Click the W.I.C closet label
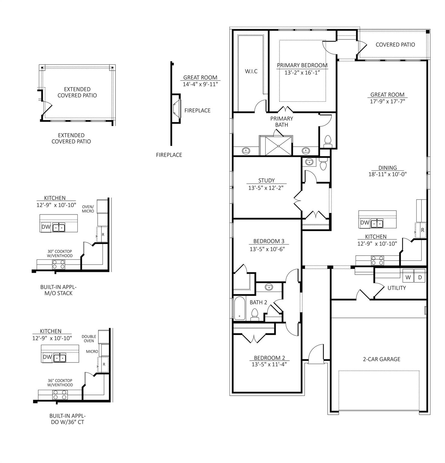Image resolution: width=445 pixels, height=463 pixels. (x=251, y=71)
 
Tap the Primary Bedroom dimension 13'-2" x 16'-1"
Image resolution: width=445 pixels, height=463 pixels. (x=302, y=73)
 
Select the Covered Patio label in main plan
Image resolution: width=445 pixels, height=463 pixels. (x=395, y=45)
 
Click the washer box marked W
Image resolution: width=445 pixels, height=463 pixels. (x=408, y=277)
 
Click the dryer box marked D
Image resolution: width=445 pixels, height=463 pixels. (x=420, y=277)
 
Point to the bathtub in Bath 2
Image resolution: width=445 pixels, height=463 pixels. (x=239, y=308)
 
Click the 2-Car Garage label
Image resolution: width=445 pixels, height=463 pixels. (x=381, y=359)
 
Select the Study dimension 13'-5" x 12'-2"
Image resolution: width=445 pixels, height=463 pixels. (x=266, y=188)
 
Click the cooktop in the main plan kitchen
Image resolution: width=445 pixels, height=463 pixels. (x=377, y=260)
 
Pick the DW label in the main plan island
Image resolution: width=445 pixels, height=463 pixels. (x=365, y=223)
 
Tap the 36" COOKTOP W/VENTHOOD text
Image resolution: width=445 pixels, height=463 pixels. (x=60, y=383)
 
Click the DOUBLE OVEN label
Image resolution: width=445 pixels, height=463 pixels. (x=89, y=339)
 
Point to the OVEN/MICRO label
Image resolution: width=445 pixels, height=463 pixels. (x=88, y=209)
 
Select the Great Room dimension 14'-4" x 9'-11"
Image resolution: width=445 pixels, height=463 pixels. (x=200, y=84)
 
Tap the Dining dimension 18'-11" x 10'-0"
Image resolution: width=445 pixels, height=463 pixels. (x=387, y=174)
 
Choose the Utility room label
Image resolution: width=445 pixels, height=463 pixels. (x=396, y=288)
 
